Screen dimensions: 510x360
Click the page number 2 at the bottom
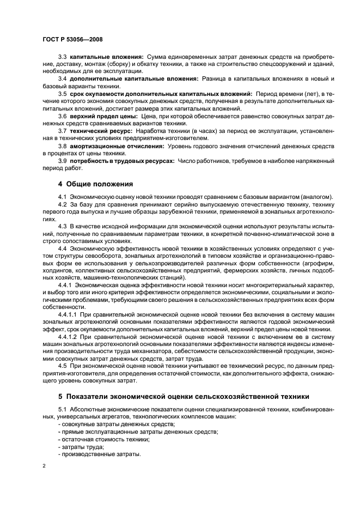tap(44, 466)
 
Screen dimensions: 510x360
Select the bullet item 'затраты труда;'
tap(82, 446)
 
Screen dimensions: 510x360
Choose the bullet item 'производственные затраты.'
tap(101, 454)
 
